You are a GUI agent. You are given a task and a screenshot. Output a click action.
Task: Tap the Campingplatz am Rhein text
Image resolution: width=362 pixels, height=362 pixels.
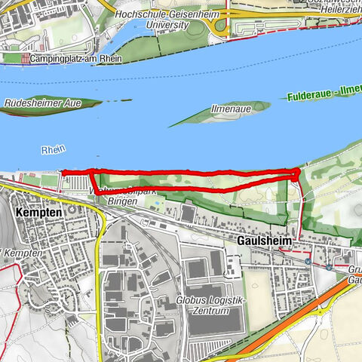pyautogui.click(x=71, y=57)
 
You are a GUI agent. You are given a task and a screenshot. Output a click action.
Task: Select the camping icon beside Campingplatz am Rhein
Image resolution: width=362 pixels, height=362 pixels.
pyautogui.click(x=26, y=58)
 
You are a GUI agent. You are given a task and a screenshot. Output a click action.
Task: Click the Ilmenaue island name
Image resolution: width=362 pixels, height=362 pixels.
pyautogui.click(x=229, y=109)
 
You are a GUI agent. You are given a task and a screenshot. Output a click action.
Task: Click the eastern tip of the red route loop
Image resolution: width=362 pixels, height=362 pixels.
pyautogui.click(x=298, y=173)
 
